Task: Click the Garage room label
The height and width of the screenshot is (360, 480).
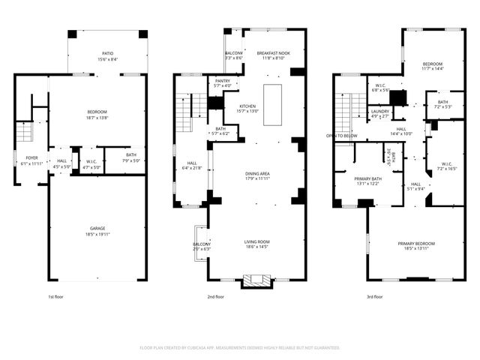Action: pyautogui.click(x=97, y=228)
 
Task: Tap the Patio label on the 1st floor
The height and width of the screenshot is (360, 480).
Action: pyautogui.click(x=108, y=54)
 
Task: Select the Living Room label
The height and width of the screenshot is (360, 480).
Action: pyautogui.click(x=257, y=241)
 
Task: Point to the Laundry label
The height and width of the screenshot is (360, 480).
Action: pyautogui.click(x=379, y=112)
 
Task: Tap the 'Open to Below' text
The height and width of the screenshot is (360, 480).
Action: pyautogui.click(x=341, y=136)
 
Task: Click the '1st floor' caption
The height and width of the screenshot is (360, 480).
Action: pyautogui.click(x=56, y=296)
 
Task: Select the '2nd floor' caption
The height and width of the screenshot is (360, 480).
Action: pyautogui.click(x=215, y=296)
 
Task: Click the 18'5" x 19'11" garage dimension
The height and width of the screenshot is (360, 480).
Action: pyautogui.click(x=97, y=233)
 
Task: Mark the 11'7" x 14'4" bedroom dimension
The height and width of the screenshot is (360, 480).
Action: pyautogui.click(x=432, y=68)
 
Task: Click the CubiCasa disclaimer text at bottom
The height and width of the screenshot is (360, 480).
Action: pyautogui.click(x=240, y=347)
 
